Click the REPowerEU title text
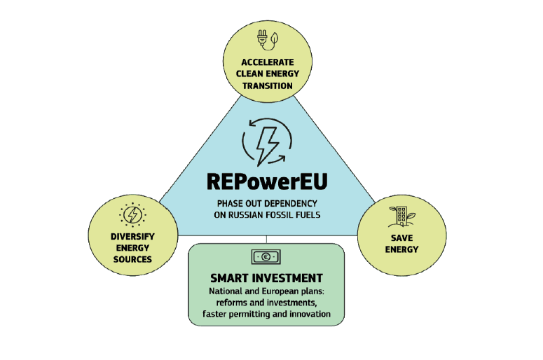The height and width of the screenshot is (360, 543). click(267, 181)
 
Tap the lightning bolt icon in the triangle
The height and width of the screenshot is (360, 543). click(267, 143)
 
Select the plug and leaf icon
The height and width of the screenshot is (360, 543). click(267, 39)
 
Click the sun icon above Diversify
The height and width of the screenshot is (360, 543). click(131, 213)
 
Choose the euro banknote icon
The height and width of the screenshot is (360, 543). click(266, 256)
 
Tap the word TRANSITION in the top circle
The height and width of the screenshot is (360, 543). click(267, 85)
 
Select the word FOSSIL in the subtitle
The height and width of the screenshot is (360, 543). click(291, 215)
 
